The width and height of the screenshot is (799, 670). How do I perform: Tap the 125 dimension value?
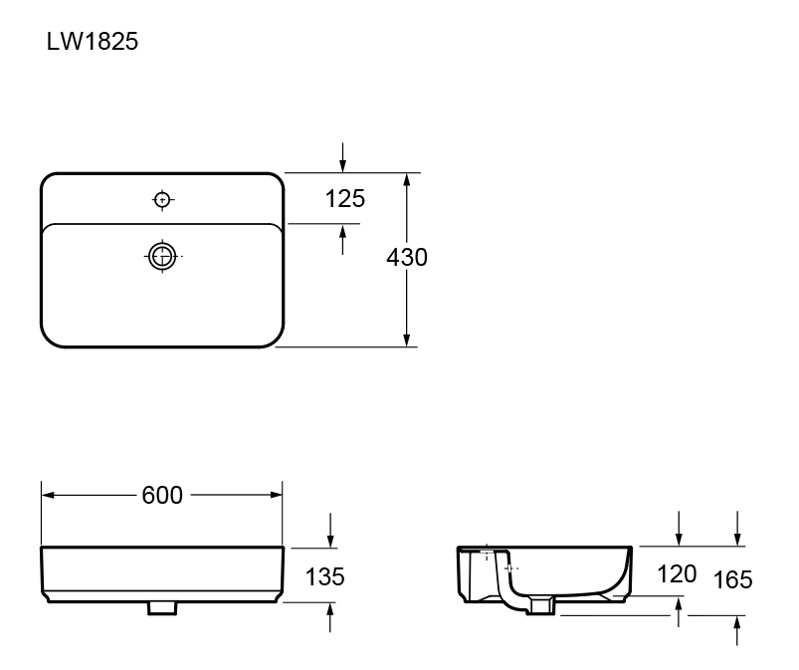(x=345, y=199)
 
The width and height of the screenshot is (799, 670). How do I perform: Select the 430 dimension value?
(x=406, y=258)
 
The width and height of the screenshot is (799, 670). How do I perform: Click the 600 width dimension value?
(x=162, y=495)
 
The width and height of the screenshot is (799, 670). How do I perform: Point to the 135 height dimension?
(x=324, y=576)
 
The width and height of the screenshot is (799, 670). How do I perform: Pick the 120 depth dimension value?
(x=677, y=574)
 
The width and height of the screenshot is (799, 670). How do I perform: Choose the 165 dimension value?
(x=733, y=579)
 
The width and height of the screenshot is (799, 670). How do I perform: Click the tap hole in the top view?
(x=162, y=200)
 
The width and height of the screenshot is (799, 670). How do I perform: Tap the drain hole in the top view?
(x=162, y=256)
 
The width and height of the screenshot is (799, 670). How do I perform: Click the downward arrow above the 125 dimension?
(x=343, y=159)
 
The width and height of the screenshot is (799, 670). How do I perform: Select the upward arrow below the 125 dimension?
(x=343, y=237)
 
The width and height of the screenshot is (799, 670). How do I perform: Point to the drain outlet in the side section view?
(x=542, y=603)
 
